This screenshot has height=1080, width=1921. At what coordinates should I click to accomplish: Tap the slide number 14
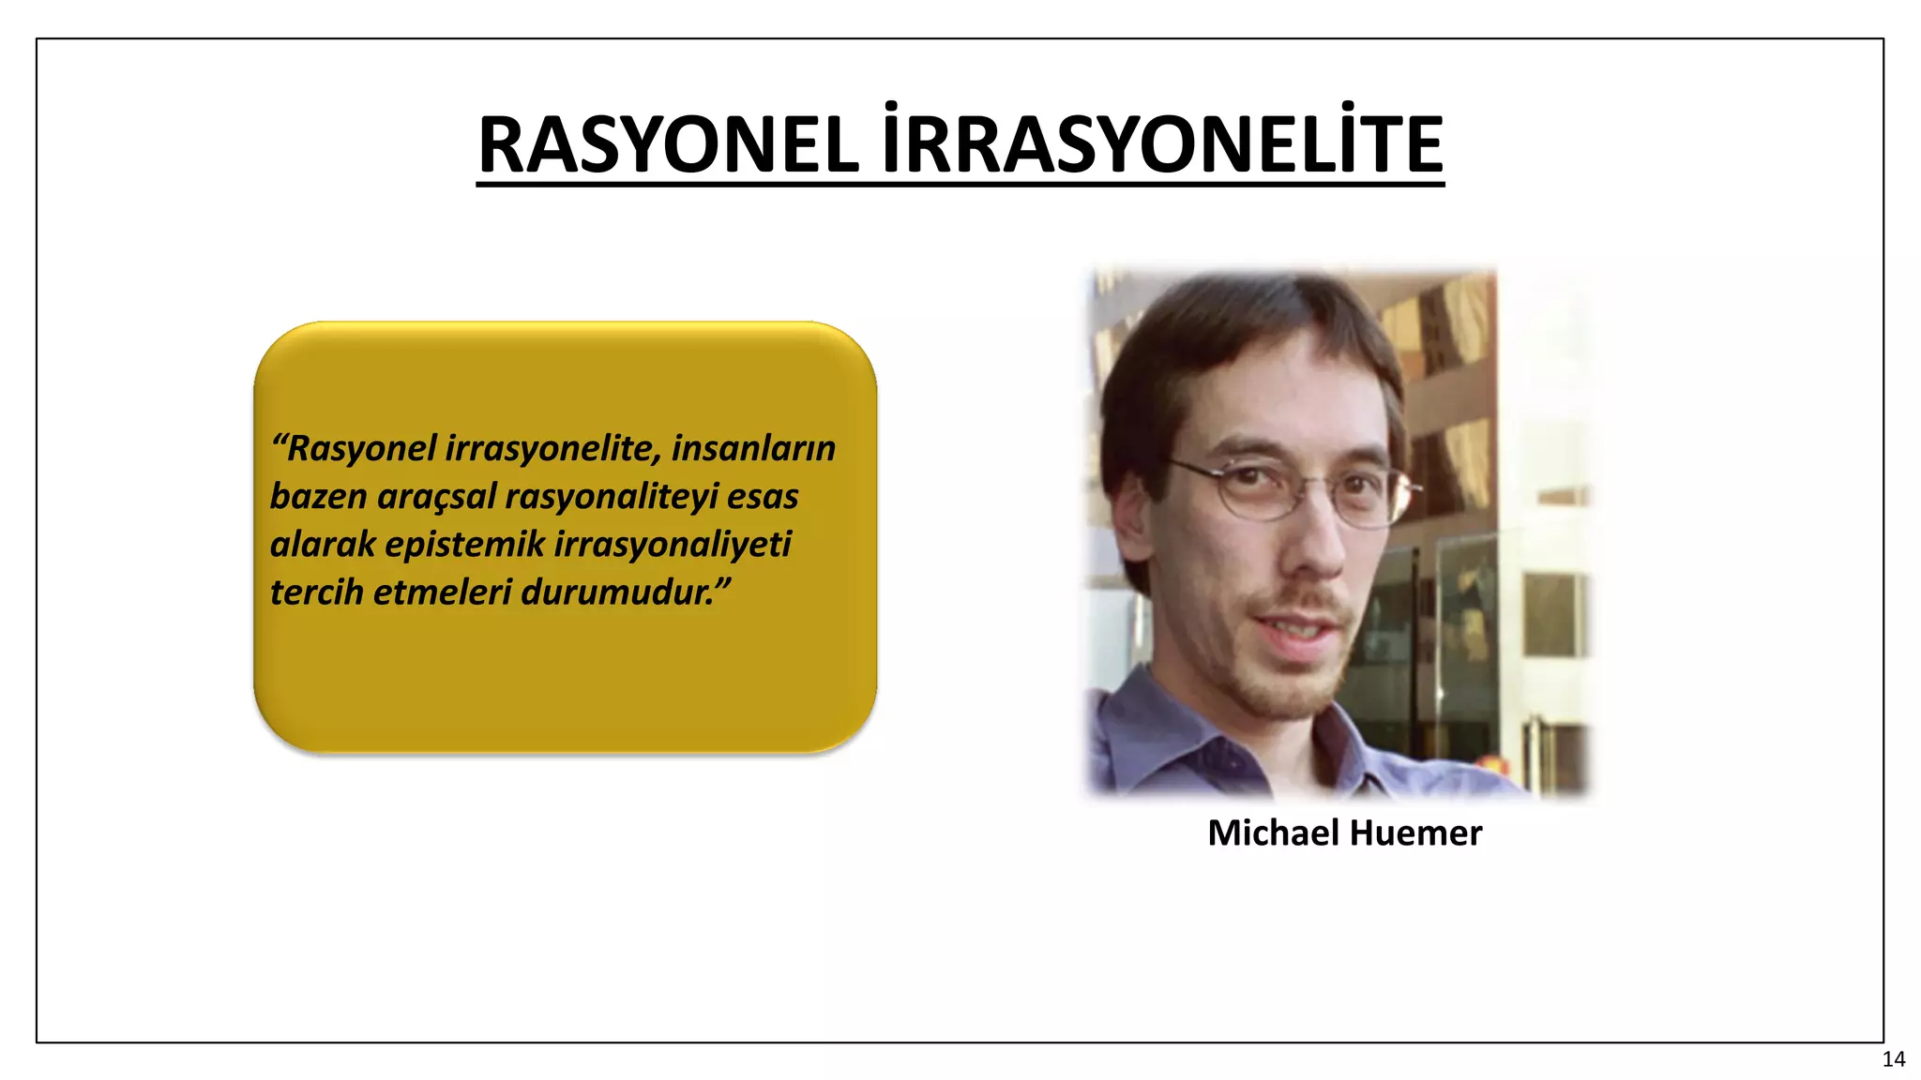point(1893,1059)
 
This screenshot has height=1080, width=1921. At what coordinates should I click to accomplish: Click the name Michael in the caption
point(1273,832)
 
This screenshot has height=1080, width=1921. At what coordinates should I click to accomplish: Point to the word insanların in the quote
point(753,448)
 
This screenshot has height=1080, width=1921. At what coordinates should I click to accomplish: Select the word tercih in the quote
point(316,592)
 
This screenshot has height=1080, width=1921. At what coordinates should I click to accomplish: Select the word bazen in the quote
point(318,497)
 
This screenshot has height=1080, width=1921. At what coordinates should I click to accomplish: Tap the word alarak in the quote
point(322,545)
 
